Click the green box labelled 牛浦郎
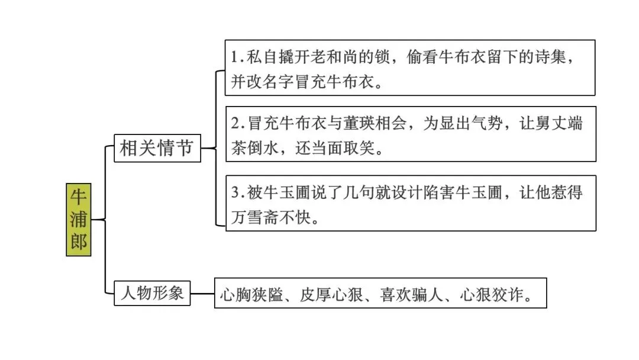click(x=79, y=220)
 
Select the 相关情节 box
click(x=157, y=147)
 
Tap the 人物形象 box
click(x=152, y=293)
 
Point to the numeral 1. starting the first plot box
click(x=237, y=57)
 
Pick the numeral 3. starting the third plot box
click(x=237, y=193)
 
